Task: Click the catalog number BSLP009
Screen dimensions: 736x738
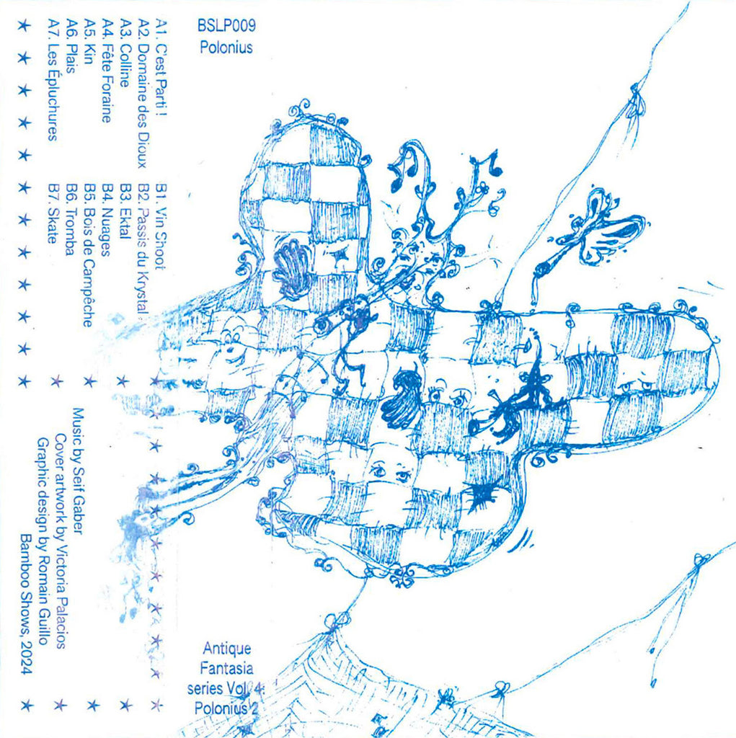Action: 226,27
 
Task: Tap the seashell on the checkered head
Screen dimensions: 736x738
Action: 291,270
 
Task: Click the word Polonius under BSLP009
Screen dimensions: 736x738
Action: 226,49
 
